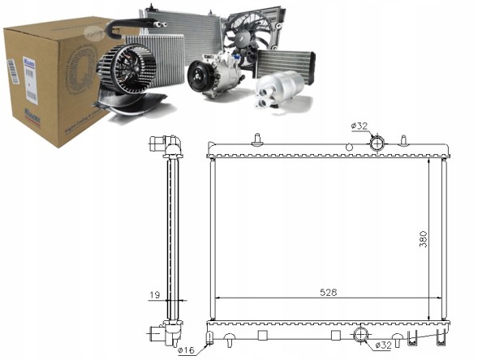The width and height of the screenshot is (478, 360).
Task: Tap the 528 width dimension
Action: (x=327, y=291)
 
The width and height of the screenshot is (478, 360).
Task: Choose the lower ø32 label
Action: (x=385, y=346)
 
